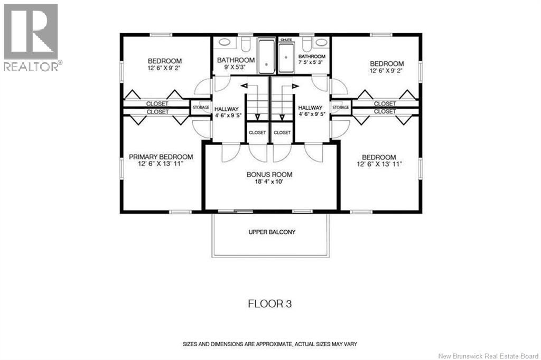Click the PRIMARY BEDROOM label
click(161, 157)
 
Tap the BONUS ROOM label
click(269, 175)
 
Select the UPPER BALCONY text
click(272, 232)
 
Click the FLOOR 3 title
click(270, 304)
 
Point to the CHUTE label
click(286, 40)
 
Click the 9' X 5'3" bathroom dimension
click(235, 67)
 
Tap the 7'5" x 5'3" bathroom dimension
click(312, 62)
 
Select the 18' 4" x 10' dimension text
click(269, 182)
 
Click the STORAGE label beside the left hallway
click(201, 108)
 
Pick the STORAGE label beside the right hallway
click(341, 108)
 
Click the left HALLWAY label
click(227, 109)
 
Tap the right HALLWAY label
click(310, 108)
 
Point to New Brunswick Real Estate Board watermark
click(488, 356)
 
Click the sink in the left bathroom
click(225, 42)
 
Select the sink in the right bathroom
click(321, 42)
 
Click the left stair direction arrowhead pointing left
click(244, 86)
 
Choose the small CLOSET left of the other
click(257, 132)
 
